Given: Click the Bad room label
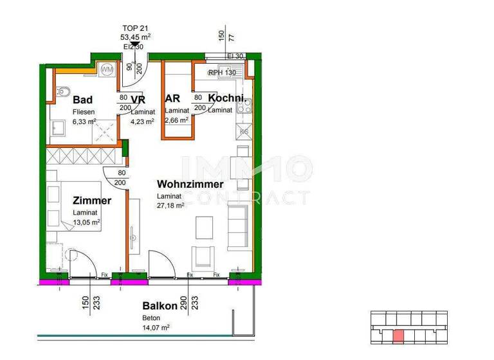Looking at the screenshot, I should pyautogui.click(x=82, y=100).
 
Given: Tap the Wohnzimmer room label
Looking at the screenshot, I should pyautogui.click(x=190, y=184).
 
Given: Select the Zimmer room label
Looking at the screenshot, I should pyautogui.click(x=92, y=201).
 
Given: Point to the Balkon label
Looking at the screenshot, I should pyautogui.click(x=160, y=306).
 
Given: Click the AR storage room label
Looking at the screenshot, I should pyautogui.click(x=172, y=99).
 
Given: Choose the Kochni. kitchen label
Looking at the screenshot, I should pyautogui.click(x=226, y=99).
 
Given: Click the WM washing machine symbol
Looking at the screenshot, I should pyautogui.click(x=107, y=69).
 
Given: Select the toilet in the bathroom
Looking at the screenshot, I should pyautogui.click(x=62, y=91).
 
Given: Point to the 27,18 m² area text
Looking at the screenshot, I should pyautogui.click(x=171, y=206).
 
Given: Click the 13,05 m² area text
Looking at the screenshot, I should pyautogui.click(x=87, y=222).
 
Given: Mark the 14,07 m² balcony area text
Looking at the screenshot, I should pyautogui.click(x=156, y=327).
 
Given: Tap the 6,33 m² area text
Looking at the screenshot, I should pyautogui.click(x=84, y=121).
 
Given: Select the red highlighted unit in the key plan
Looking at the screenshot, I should pyautogui.click(x=399, y=336).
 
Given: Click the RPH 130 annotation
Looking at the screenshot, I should pyautogui.click(x=222, y=73).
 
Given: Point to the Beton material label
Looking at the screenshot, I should pyautogui.click(x=151, y=318).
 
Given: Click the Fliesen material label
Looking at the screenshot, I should pyautogui.click(x=82, y=111).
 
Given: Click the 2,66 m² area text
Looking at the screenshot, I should pyautogui.click(x=176, y=120).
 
